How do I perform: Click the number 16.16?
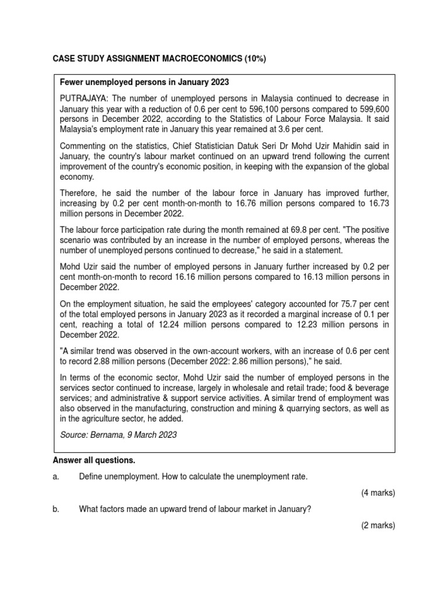coord(184,277)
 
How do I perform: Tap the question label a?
coord(56,477)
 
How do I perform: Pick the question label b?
coord(56,509)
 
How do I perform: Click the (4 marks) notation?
coord(377,493)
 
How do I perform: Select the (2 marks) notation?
coord(377,525)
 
